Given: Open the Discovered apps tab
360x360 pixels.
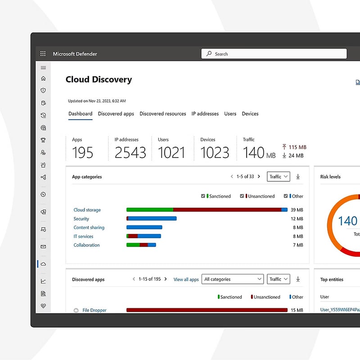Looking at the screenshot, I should [116, 114].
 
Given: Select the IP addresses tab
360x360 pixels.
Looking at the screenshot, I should [205, 114].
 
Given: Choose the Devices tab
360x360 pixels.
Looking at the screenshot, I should [250, 114].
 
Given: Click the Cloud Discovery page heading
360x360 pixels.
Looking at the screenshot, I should [99, 80].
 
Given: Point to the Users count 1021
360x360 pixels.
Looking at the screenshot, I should [171, 153].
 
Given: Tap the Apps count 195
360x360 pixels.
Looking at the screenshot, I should [83, 153].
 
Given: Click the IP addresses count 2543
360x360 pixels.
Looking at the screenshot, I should [130, 153].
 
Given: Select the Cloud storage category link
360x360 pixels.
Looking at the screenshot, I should [87, 210].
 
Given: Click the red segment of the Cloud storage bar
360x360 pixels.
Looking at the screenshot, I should [227, 210].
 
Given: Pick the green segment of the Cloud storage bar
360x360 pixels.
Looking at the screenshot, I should [150, 210].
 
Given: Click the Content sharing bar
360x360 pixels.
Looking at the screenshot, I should [144, 227].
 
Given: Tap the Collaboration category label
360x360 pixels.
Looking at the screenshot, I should [87, 245].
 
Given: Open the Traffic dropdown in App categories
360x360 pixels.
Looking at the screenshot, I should [279, 177].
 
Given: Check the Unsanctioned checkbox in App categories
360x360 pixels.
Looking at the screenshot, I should [242, 196].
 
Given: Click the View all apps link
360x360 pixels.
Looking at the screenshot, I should [186, 279].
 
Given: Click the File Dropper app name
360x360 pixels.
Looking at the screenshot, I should [94, 310].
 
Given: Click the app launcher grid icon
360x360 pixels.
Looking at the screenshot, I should [43, 54].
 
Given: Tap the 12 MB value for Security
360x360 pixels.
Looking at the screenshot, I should [297, 219].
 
